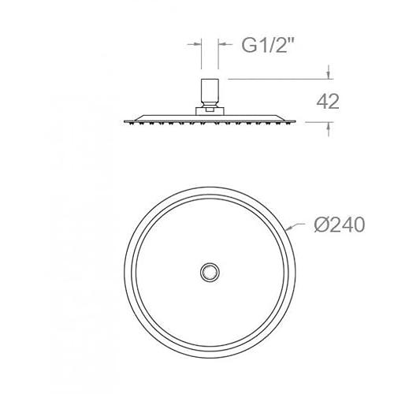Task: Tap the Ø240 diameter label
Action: point(340,225)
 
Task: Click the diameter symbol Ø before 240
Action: point(321,225)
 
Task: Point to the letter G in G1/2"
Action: point(248,46)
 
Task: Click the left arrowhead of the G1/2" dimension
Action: point(198,44)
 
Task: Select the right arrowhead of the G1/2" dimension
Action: point(221,44)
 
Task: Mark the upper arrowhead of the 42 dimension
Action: point(329,75)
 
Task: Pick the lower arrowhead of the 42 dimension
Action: point(329,126)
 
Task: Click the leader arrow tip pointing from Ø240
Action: point(286,230)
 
